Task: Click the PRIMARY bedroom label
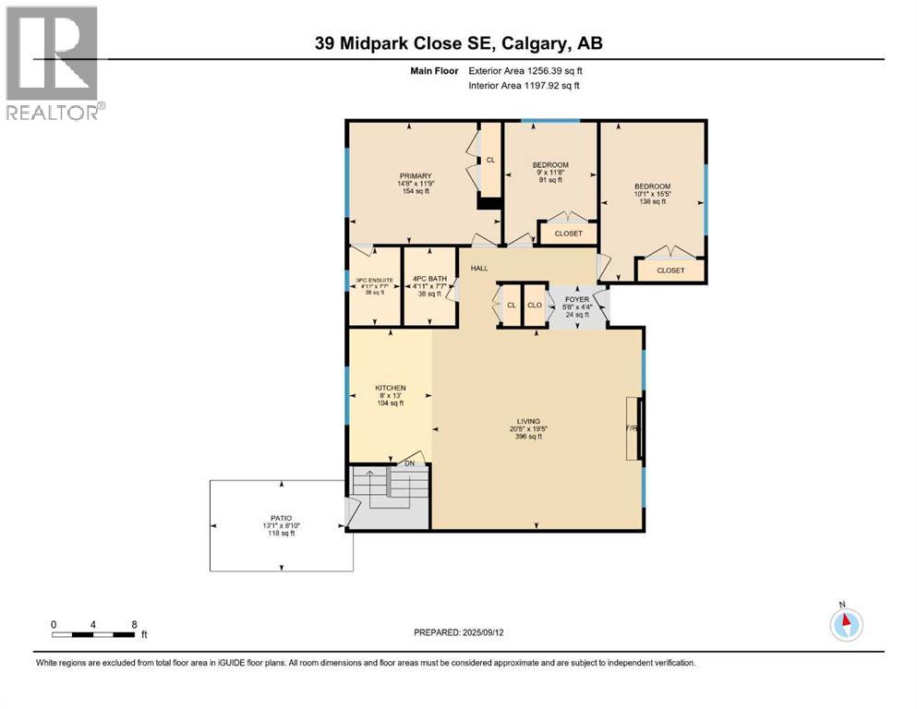[416, 175]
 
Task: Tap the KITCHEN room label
[390, 388]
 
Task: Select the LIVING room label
[529, 421]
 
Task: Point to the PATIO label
[280, 519]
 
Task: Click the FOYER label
[577, 300]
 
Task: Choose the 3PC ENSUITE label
[375, 280]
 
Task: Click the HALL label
[479, 268]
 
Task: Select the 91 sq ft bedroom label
[550, 165]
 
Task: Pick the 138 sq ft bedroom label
[652, 186]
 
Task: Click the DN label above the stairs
[409, 463]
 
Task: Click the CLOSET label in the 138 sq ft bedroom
[670, 270]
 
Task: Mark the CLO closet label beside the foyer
[534, 305]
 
